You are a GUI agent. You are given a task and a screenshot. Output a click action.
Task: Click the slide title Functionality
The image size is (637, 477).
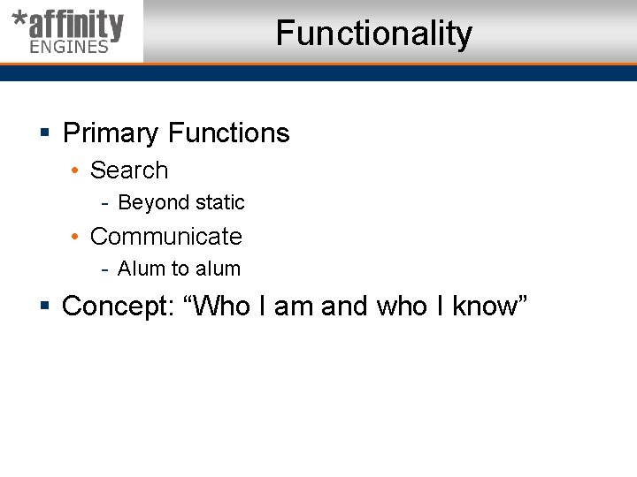pyautogui.click(x=373, y=34)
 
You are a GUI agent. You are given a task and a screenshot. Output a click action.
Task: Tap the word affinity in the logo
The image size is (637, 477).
pyautogui.click(x=74, y=25)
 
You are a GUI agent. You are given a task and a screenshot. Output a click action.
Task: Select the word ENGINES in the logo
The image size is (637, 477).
pyautogui.click(x=69, y=47)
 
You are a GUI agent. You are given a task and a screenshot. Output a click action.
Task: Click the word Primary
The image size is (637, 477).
pyautogui.click(x=111, y=133)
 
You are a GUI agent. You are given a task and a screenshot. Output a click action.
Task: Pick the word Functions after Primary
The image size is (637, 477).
pyautogui.click(x=228, y=133)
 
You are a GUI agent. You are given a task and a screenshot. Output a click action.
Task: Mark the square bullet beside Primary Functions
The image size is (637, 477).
pyautogui.click(x=44, y=134)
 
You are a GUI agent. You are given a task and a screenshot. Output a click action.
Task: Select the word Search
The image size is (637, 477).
pyautogui.click(x=129, y=170)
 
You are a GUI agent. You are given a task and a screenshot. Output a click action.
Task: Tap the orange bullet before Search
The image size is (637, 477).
pyautogui.click(x=77, y=170)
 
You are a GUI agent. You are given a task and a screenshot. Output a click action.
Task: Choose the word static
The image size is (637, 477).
pyautogui.click(x=220, y=203)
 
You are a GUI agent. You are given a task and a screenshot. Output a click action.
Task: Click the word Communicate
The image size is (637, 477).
pyautogui.click(x=166, y=237)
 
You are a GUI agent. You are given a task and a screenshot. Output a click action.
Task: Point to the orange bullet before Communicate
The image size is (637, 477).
pyautogui.click(x=77, y=237)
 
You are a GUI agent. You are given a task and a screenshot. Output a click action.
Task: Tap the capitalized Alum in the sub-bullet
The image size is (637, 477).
pyautogui.click(x=140, y=269)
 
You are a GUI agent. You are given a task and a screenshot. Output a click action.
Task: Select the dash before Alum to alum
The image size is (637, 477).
pyautogui.click(x=104, y=269)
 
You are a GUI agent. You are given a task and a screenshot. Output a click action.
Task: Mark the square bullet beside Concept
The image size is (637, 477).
pyautogui.click(x=44, y=307)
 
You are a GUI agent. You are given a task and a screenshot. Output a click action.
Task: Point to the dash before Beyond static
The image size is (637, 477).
pyautogui.click(x=104, y=203)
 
